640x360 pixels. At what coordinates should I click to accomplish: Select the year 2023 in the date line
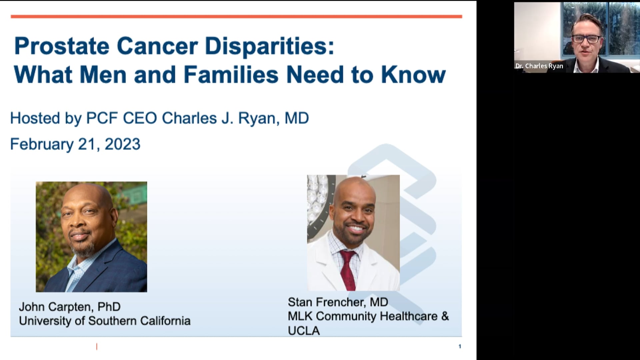(122, 144)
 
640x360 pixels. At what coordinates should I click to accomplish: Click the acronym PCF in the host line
(102, 118)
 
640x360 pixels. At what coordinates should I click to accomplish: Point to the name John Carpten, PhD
(70, 307)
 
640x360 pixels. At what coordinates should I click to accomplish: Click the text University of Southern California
(105, 321)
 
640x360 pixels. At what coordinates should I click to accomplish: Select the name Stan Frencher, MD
(338, 302)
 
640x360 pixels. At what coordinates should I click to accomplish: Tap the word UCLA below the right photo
(304, 331)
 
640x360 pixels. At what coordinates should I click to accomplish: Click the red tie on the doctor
(347, 270)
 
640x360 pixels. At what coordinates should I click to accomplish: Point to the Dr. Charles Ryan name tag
(539, 66)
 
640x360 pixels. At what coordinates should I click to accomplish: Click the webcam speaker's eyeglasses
(586, 39)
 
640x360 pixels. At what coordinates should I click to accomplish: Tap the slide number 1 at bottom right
(460, 346)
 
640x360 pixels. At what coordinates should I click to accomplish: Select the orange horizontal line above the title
(236, 16)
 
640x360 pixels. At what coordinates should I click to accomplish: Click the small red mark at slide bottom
(97, 347)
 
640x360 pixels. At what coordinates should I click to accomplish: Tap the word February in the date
(42, 144)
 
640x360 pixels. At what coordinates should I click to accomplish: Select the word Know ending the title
(413, 75)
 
